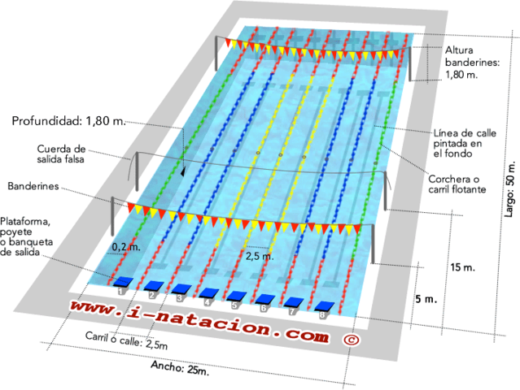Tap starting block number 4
208,293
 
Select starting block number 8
326,307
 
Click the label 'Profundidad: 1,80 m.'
69,121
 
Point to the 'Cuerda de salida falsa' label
61,154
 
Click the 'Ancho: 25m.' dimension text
180,369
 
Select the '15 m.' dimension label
462,267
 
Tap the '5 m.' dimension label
426,298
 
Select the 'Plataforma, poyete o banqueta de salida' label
30,236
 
